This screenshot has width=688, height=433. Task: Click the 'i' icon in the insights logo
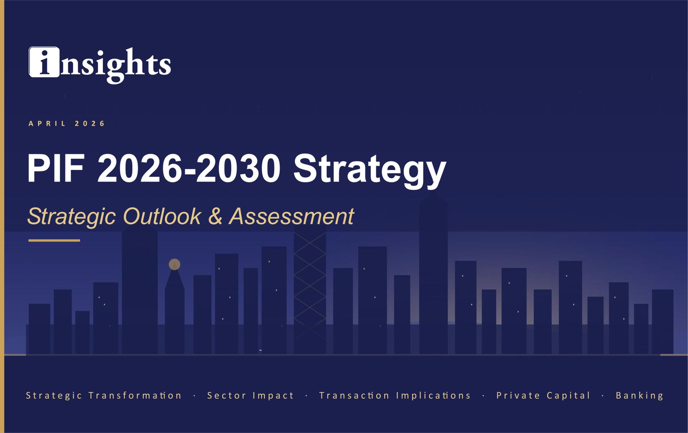[x=44, y=62]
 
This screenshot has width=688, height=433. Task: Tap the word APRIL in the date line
[x=47, y=124]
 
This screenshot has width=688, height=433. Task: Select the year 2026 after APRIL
[x=90, y=124]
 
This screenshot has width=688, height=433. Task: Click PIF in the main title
[x=55, y=168]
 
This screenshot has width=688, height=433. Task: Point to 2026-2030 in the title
[x=189, y=168]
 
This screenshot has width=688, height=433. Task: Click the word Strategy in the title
[x=370, y=170]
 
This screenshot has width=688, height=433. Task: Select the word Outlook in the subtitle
[x=162, y=216]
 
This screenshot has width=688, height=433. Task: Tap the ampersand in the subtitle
[x=215, y=216]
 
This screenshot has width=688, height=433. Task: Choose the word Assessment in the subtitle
[x=292, y=216]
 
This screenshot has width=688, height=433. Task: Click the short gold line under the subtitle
[x=54, y=241]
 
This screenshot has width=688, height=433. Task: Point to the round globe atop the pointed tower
[x=174, y=264]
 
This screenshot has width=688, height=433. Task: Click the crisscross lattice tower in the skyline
[x=310, y=284]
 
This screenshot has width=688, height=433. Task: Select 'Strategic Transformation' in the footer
[x=104, y=396]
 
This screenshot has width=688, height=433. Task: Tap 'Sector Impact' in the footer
[x=250, y=396]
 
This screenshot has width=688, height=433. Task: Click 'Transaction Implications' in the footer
[x=395, y=396]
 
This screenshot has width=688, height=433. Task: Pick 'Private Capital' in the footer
[x=543, y=396]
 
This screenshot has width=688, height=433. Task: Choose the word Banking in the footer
[x=639, y=396]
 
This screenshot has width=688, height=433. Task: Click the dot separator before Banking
[x=603, y=396]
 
